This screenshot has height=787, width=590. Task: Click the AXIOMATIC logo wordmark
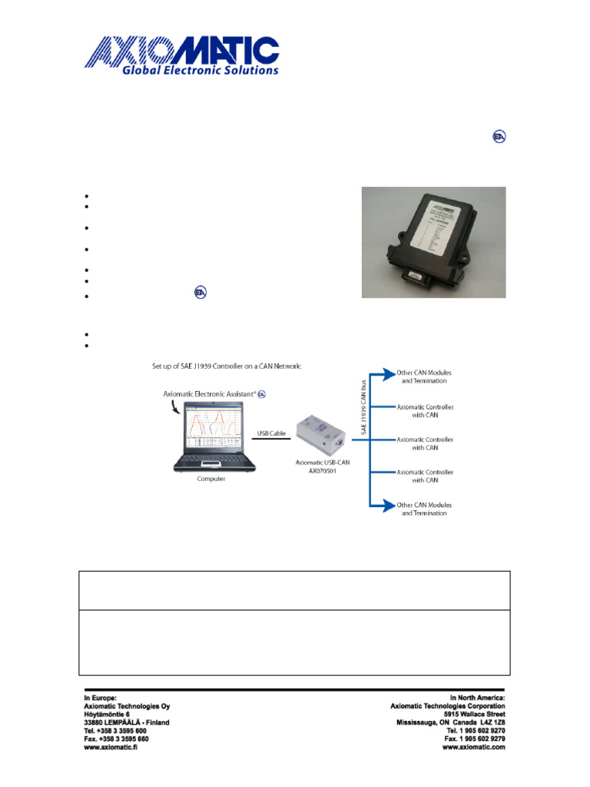tap(181, 51)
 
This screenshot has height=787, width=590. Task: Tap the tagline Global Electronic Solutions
tap(199, 70)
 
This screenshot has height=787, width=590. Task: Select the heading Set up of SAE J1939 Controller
tap(226, 367)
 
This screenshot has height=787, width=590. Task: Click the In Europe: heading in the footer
tap(100, 697)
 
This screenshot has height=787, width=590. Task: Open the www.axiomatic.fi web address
tap(114, 747)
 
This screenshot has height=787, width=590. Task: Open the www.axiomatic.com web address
tap(473, 747)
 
